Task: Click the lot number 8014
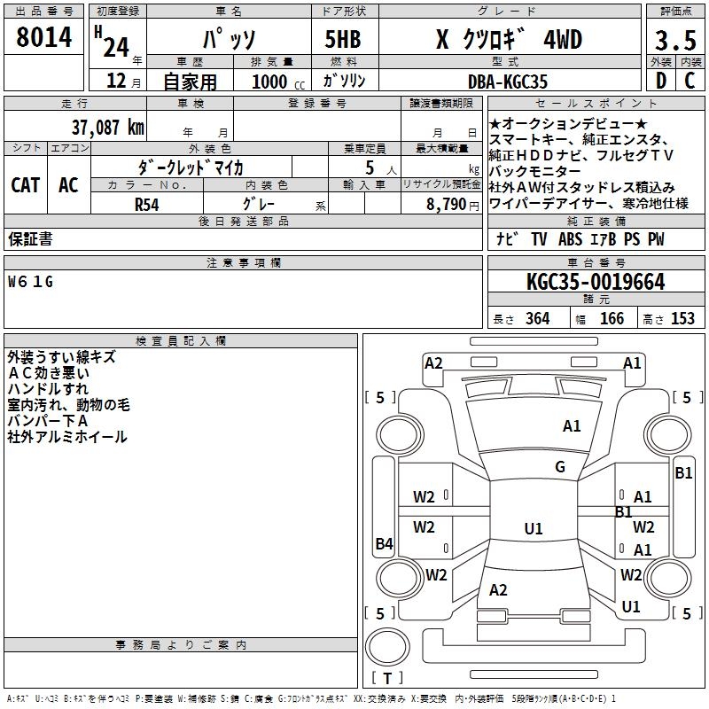[x=44, y=37]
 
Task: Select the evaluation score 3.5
[x=674, y=40]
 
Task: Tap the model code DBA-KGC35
[x=508, y=81]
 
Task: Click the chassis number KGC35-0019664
[x=595, y=283]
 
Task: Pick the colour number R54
[x=146, y=203]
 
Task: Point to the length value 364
[x=536, y=319]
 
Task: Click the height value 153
[x=682, y=319]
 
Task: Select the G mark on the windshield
[x=559, y=467]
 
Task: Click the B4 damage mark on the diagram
[x=384, y=544]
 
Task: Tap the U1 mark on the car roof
[x=533, y=529]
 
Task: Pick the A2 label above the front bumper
[x=433, y=362]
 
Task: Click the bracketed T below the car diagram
[x=386, y=679]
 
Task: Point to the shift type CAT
[x=25, y=185]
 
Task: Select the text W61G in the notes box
[x=30, y=282]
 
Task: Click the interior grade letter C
[x=690, y=81]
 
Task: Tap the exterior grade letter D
[x=660, y=81]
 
